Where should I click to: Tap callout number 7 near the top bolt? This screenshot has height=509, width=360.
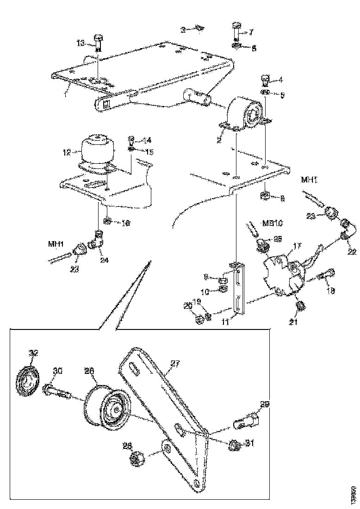point(251,32)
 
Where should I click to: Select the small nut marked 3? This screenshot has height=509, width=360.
point(199,29)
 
